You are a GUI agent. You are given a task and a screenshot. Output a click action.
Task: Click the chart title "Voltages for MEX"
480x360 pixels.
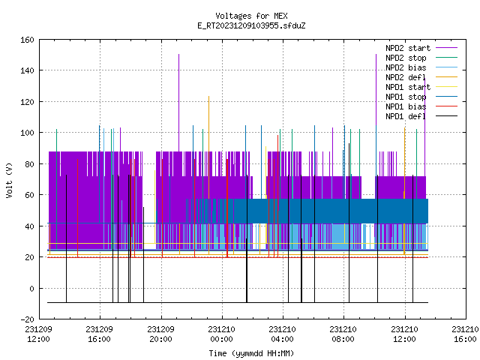click(x=251, y=16)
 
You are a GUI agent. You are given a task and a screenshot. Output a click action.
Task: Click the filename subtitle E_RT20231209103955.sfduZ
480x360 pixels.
click(x=251, y=25)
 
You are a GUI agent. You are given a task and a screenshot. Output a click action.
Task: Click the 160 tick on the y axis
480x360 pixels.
click(x=27, y=40)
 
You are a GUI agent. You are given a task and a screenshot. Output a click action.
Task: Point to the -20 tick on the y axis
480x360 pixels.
click(x=27, y=319)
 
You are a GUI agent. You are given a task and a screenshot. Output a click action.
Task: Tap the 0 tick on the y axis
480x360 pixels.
click(x=31, y=288)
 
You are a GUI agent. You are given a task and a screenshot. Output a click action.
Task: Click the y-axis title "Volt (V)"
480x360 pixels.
click(x=10, y=180)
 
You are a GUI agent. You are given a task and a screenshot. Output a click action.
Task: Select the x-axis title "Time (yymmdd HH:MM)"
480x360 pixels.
click(x=251, y=353)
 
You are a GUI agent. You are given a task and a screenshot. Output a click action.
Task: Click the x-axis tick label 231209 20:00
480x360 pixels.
click(x=160, y=334)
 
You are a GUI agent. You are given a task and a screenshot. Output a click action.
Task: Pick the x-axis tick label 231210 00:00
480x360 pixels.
click(x=222, y=334)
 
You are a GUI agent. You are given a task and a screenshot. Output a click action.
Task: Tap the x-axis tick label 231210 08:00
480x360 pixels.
click(x=343, y=334)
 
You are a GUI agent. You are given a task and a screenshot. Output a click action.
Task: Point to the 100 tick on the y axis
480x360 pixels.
click(x=27, y=133)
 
